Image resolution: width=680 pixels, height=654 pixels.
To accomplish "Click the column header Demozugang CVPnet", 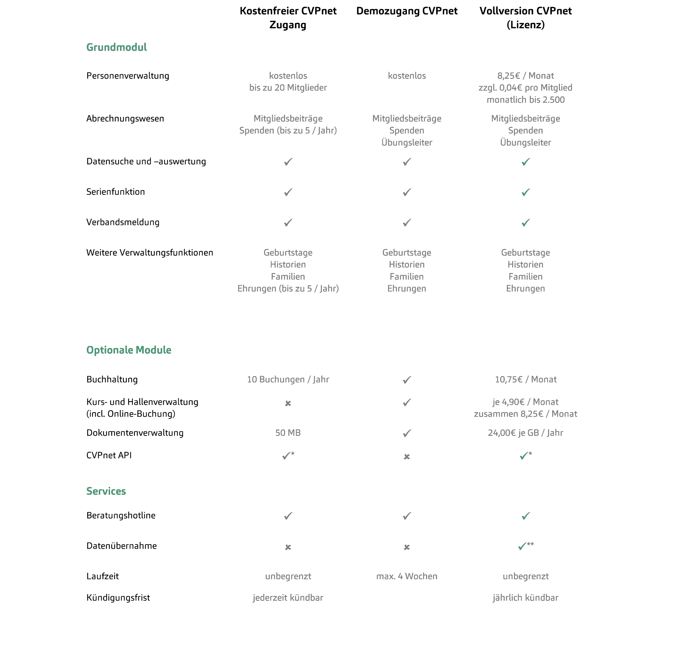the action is (407, 11).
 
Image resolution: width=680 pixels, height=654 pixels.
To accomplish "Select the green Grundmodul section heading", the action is (117, 47).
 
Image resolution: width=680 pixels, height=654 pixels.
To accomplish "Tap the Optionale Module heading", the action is (129, 350).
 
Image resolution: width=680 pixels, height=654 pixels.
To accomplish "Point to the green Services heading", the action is (106, 491).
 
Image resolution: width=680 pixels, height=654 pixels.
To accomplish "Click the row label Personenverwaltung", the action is (128, 76).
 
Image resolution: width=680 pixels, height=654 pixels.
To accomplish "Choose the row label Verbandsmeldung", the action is (123, 222).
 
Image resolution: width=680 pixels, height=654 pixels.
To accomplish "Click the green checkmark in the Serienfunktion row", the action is (526, 192).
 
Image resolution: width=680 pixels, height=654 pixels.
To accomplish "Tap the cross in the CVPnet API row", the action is (407, 457).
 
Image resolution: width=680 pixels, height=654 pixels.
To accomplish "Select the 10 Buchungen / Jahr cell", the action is (288, 380).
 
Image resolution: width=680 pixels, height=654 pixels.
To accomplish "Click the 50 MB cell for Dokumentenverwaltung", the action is (288, 433).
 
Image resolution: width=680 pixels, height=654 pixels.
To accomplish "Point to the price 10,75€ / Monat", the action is (526, 380).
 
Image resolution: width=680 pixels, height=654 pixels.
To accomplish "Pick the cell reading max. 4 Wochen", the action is (407, 576).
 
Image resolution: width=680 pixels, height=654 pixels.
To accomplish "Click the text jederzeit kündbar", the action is (288, 598).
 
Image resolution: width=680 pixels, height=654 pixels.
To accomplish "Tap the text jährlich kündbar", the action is (526, 598).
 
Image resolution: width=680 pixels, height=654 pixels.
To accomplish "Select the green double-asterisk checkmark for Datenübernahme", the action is (526, 546).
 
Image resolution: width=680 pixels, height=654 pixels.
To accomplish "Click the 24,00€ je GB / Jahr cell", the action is (526, 433).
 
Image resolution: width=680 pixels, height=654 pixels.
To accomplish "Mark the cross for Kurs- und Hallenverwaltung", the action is (288, 403).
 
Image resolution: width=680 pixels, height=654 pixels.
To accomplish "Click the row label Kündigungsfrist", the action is (118, 598).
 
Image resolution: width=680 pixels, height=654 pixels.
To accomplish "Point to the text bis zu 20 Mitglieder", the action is (288, 88).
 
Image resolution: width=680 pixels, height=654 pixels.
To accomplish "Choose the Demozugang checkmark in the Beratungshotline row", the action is (407, 516).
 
